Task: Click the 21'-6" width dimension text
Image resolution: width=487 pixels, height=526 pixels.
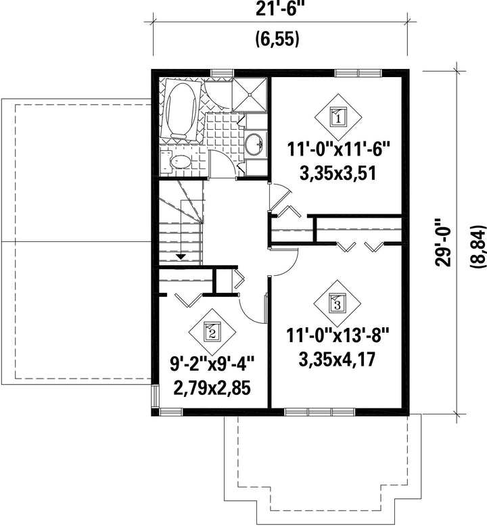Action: [x=277, y=9]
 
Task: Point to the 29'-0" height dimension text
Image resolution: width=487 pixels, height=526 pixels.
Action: [x=443, y=243]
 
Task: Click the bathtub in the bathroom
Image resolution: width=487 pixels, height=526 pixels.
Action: [x=181, y=109]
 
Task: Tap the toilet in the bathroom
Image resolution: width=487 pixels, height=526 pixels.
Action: [x=177, y=162]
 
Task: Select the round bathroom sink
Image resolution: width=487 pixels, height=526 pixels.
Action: [x=254, y=145]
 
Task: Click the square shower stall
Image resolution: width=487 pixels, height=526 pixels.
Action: [x=250, y=95]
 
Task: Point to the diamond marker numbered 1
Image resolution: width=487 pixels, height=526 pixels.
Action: [x=339, y=118]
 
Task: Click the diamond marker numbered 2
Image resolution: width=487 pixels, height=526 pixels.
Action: [x=212, y=332]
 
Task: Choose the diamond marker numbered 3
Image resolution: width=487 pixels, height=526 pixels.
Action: [x=338, y=304]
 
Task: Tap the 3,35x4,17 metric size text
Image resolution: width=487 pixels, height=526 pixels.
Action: [x=337, y=359]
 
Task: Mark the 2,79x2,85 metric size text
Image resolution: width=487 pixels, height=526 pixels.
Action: [x=212, y=389]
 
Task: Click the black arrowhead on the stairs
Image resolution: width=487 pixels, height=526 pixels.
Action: [x=181, y=257]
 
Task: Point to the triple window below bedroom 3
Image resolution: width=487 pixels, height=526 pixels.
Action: [x=320, y=412]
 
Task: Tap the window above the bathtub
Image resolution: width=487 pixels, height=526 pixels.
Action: [x=222, y=73]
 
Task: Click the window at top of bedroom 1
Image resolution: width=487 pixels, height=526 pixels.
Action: [x=358, y=73]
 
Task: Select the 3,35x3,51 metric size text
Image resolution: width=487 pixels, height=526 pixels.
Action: [x=337, y=174]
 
